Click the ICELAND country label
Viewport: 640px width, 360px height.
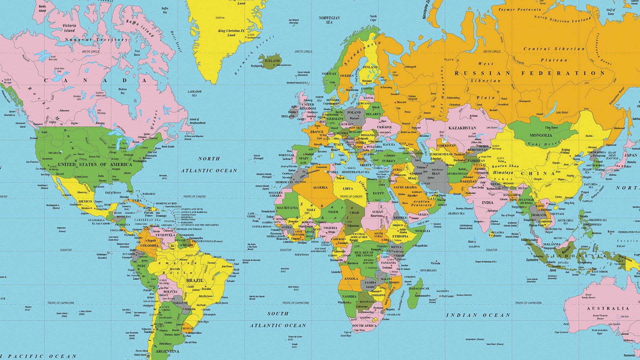coord(272,61)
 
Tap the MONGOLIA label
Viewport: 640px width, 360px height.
coord(541,135)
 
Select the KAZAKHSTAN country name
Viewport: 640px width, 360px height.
coord(462,128)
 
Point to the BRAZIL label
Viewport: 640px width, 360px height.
coord(195,280)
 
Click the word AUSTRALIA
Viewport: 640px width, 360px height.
coord(608,308)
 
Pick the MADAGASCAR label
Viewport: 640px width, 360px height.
coord(419,288)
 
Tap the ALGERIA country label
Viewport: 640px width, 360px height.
coord(320,187)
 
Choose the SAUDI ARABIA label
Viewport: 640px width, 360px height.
coord(405,187)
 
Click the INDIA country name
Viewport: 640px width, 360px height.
coord(487,202)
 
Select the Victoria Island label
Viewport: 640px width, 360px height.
coord(69,28)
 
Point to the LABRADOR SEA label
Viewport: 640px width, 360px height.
coord(194,93)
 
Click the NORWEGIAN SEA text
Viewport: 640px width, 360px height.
coord(329,20)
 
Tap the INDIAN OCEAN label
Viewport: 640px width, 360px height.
coord(478,315)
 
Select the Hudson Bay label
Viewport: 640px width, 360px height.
coord(122,91)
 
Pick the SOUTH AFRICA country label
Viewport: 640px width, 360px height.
coord(364,325)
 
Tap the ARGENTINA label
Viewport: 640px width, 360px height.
coord(167,351)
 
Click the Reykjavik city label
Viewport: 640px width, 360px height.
coord(257,66)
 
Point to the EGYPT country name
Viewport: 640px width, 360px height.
coord(378,193)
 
